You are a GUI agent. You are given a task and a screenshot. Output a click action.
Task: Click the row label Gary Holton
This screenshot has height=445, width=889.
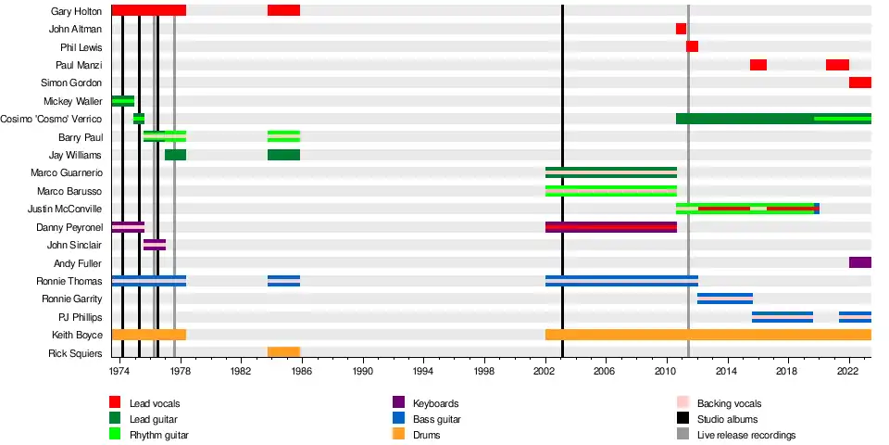point(77,11)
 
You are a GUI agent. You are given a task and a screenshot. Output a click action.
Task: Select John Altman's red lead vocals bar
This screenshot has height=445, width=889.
point(681,29)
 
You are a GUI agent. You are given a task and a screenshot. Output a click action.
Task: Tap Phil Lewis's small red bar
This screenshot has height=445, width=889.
point(692,46)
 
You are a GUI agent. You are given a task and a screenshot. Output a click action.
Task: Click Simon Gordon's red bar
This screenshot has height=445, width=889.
point(859,83)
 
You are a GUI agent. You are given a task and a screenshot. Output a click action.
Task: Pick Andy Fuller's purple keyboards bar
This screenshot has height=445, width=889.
point(859,262)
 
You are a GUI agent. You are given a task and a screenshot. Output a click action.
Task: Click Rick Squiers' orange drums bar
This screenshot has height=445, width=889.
point(283,352)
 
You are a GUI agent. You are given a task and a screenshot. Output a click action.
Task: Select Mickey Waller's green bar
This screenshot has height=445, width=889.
point(122,101)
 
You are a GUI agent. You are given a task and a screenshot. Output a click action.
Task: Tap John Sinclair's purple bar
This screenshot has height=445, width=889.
point(155,245)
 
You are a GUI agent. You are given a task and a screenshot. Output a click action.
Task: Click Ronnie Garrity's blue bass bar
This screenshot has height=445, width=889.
point(724,299)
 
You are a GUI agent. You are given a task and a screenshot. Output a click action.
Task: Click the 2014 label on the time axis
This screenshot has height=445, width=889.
point(728,370)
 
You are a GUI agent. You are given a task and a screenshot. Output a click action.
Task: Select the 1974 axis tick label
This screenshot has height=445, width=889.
point(119,370)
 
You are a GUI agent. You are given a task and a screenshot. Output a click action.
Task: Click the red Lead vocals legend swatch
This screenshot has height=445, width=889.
point(115,402)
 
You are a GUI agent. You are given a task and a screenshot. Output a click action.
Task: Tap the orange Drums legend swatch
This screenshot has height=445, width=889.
point(399,434)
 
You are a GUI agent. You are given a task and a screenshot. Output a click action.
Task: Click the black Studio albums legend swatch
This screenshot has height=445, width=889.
point(682,418)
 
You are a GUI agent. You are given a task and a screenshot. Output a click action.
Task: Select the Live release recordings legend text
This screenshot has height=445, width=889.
point(745,435)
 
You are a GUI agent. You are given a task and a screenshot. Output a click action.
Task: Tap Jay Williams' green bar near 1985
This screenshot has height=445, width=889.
point(283,155)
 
